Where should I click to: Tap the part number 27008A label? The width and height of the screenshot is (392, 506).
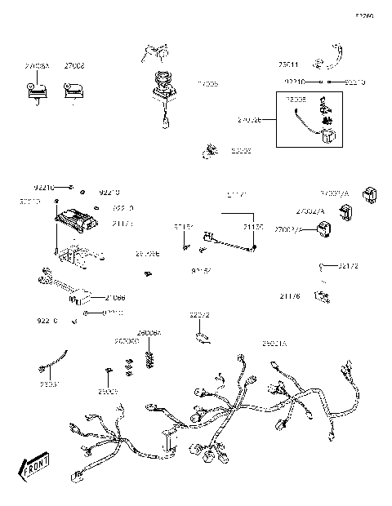pyautogui.click(x=35, y=64)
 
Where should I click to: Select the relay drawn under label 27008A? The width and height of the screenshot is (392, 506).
pyautogui.click(x=35, y=91)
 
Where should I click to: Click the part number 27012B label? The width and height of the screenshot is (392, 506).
pyautogui.click(x=249, y=120)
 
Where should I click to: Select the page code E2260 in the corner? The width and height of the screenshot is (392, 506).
pyautogui.click(x=363, y=16)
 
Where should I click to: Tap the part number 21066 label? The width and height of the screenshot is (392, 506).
pyautogui.click(x=115, y=298)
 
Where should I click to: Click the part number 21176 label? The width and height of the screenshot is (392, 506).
pyautogui.click(x=290, y=296)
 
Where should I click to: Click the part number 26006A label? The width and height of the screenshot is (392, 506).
pyautogui.click(x=149, y=333)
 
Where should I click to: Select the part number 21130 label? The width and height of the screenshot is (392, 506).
pyautogui.click(x=253, y=226)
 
